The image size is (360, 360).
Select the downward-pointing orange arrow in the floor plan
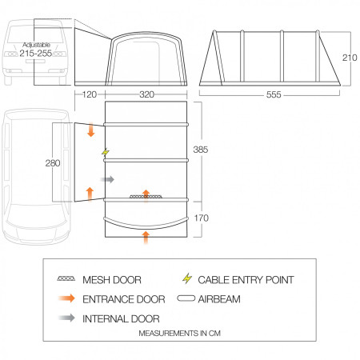90,130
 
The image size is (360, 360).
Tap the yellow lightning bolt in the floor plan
104,152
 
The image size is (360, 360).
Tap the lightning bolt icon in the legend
187,280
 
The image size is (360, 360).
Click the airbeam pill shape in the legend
187,299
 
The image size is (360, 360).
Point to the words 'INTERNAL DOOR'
120,318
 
